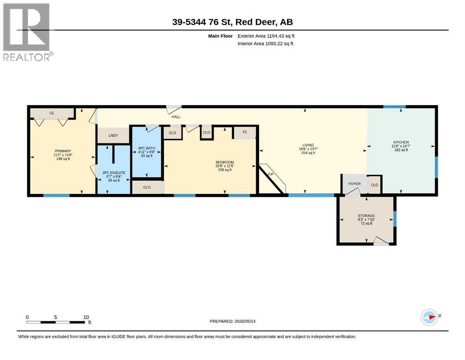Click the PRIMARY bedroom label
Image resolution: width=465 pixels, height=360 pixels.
point(63,151)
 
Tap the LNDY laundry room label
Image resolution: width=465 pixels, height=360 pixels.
point(113,135)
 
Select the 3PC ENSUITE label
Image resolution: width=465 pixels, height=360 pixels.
point(114,172)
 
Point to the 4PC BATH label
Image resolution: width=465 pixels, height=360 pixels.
point(147,148)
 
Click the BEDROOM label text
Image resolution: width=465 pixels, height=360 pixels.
point(225,162)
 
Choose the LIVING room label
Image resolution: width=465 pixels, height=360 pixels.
point(308,145)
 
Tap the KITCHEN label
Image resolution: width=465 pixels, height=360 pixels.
point(401,142)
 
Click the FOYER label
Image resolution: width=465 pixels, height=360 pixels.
point(354,184)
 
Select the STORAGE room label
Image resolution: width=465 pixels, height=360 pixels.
point(366,216)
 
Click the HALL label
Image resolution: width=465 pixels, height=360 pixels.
point(176,117)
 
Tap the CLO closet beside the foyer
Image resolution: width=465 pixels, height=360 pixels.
point(375,185)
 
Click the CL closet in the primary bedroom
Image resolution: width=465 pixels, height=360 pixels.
point(52,113)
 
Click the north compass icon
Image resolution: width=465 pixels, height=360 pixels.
point(429,317)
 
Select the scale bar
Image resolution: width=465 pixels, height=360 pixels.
point(55,322)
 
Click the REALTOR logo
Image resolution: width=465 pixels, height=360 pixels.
point(28,32)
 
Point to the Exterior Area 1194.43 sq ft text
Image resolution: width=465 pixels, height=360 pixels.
point(266,36)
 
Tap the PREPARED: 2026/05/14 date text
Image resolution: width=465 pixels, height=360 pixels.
point(232,321)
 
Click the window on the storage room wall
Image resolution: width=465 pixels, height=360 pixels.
point(395,219)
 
